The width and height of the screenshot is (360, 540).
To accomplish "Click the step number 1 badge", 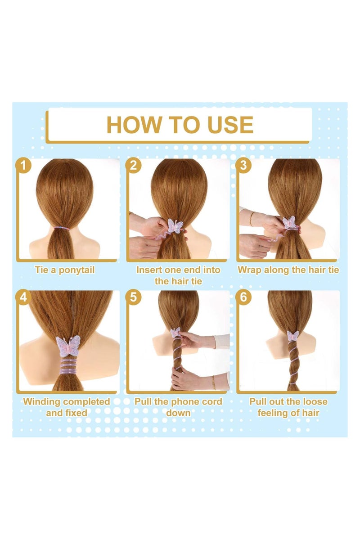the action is (x=23, y=166).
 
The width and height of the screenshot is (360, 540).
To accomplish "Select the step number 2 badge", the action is (x=133, y=166).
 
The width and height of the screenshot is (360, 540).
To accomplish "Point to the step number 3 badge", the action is (x=243, y=166).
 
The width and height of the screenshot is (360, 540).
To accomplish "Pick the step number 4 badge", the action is (x=23, y=297).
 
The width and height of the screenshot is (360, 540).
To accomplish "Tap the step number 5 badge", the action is (x=133, y=297).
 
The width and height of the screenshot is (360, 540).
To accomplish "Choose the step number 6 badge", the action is (x=243, y=297).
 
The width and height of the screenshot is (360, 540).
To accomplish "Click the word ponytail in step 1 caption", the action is (x=76, y=270).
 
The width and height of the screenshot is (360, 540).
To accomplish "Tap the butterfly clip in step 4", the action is (x=68, y=346).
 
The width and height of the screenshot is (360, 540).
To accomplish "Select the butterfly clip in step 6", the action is (x=293, y=335).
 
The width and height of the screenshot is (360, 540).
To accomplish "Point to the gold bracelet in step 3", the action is (x=252, y=218).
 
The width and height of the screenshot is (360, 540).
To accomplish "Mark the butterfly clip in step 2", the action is (x=174, y=226).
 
